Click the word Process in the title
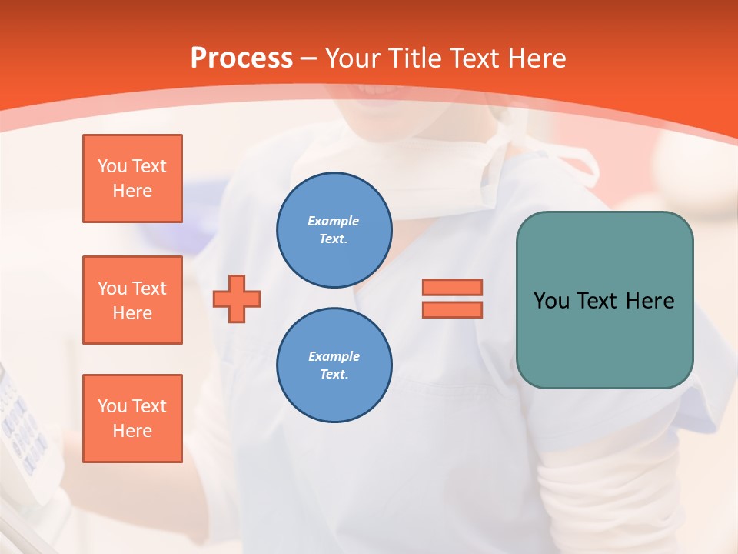click(241, 58)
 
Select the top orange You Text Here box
click(132, 179)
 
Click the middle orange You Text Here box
click(132, 300)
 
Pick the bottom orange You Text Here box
click(132, 419)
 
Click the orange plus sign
click(237, 299)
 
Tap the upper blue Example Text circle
click(334, 229)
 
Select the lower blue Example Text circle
click(334, 365)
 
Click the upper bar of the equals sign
click(452, 288)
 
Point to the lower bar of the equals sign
click(452, 309)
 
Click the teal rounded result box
click(604, 339)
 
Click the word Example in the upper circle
click(334, 221)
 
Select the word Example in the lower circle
click(334, 356)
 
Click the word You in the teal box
click(551, 301)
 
